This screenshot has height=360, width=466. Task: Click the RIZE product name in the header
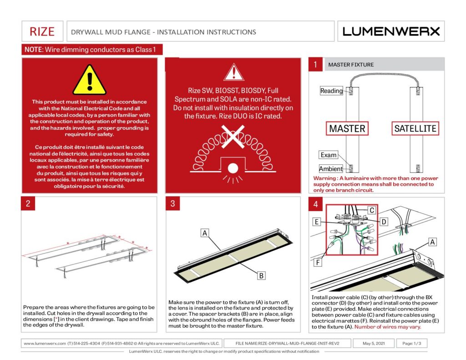pos(42,31)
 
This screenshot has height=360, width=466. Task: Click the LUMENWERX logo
pos(391,31)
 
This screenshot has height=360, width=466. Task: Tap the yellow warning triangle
pos(89,80)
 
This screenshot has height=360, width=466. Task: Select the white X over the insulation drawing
pos(233,137)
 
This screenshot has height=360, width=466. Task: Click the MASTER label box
pos(347,128)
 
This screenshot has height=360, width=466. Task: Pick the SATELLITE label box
pos(415,128)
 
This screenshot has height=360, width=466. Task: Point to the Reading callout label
pos(331,91)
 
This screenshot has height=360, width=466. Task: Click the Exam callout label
pos(329,155)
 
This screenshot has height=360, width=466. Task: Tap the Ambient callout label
pos(331,169)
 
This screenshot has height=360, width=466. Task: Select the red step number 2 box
pos(28,203)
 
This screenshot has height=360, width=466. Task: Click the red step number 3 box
pos(172,203)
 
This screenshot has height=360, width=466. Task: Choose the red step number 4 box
pos(316,204)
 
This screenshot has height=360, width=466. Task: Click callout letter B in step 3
pos(261,275)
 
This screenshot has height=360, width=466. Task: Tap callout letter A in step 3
pos(204,233)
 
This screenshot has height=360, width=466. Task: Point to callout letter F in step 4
pos(318,263)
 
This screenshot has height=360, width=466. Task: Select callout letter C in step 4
pos(372,210)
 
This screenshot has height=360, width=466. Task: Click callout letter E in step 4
pos(317,222)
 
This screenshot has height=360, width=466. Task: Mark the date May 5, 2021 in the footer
pos(374,343)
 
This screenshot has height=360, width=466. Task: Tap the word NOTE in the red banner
pos(34,49)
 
